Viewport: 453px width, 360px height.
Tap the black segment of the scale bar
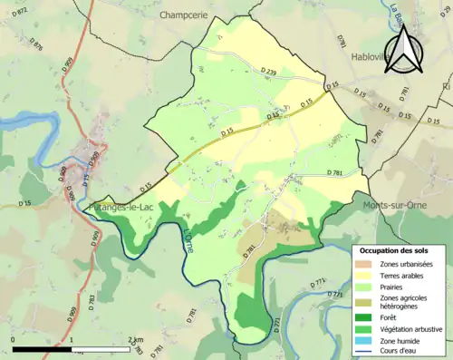click(42, 349)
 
